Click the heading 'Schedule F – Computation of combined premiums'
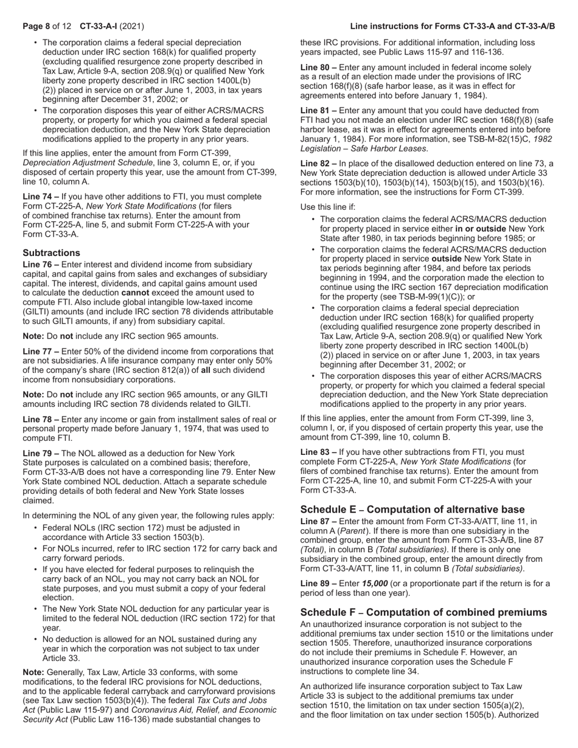coord(423,612)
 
